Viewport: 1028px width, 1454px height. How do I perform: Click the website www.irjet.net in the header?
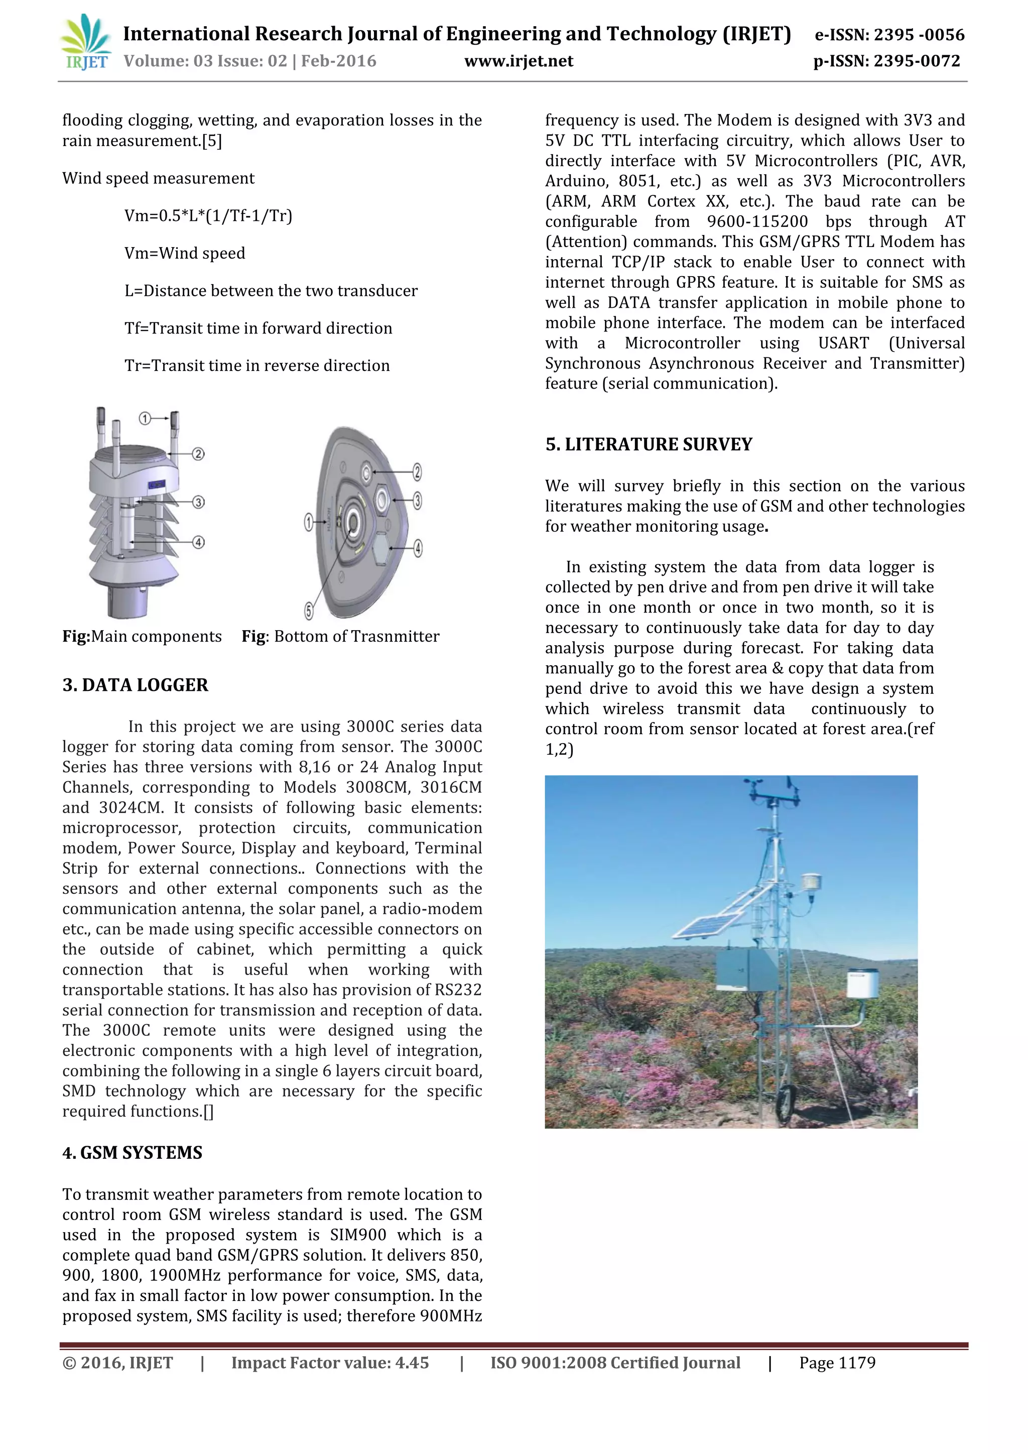point(519,61)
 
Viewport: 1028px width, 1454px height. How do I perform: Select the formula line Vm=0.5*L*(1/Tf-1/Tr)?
point(208,216)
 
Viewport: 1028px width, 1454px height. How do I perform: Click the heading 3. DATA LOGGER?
point(135,685)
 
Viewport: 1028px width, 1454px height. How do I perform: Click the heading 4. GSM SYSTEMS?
point(133,1152)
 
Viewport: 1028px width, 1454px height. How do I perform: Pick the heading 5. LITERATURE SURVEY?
point(649,444)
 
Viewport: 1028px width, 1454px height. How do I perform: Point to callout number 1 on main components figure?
point(145,419)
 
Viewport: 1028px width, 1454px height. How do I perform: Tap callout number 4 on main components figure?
point(198,542)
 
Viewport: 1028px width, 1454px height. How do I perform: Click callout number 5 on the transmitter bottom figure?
point(308,611)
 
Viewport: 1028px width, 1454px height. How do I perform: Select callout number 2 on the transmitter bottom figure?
point(417,472)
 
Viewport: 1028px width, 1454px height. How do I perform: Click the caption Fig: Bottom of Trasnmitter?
point(340,637)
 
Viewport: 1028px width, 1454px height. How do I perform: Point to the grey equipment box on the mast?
point(744,969)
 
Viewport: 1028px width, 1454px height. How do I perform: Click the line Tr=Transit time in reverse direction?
point(257,366)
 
